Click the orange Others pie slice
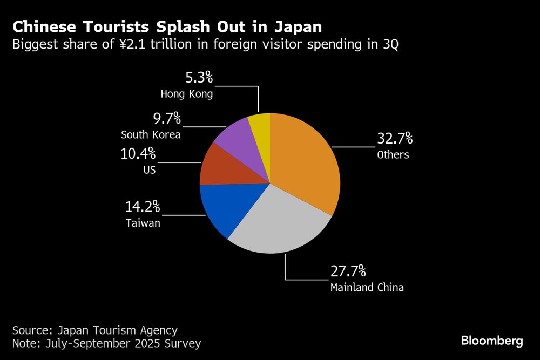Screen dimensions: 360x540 click(305, 162)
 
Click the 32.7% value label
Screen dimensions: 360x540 click(395, 139)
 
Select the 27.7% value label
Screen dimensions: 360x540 click(348, 271)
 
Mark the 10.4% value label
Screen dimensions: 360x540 click(138, 154)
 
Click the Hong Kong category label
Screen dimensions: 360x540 click(187, 94)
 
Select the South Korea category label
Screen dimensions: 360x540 click(151, 134)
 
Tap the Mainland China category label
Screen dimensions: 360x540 click(367, 287)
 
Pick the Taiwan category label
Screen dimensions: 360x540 click(143, 222)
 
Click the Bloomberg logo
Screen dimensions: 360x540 click(491, 341)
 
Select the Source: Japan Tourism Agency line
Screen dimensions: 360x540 click(94, 330)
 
